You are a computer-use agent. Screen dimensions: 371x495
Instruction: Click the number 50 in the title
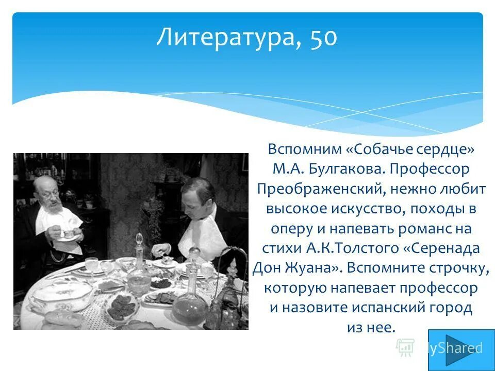click(323, 38)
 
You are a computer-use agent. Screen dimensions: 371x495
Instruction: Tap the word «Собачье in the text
click(371, 150)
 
